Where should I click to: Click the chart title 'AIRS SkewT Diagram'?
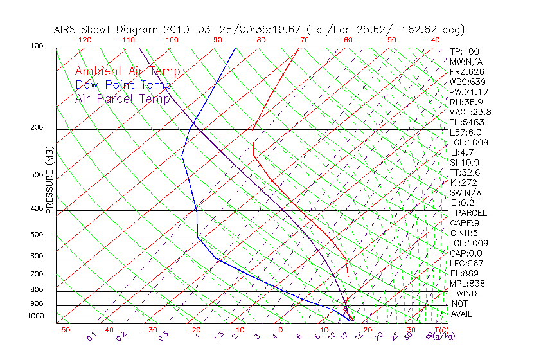coord(106,30)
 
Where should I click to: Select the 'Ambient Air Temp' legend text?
coord(128,71)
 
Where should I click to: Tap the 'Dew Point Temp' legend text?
coord(123,85)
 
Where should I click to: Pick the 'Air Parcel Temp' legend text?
coord(123,98)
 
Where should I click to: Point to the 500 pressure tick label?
coord(37,235)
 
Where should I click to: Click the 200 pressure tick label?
coord(37,128)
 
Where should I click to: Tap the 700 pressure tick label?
coord(37,274)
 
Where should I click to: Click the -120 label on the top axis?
coord(82,40)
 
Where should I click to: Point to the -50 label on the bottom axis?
coord(62,330)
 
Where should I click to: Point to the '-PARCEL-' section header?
coord(471,213)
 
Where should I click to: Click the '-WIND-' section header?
coord(466,293)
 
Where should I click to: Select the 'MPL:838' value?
coord(467,283)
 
